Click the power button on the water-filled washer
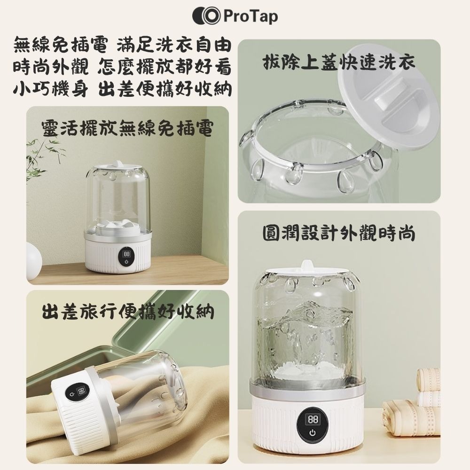pyautogui.click(x=312, y=432)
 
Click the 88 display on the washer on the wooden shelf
pyautogui.click(x=126, y=254)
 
